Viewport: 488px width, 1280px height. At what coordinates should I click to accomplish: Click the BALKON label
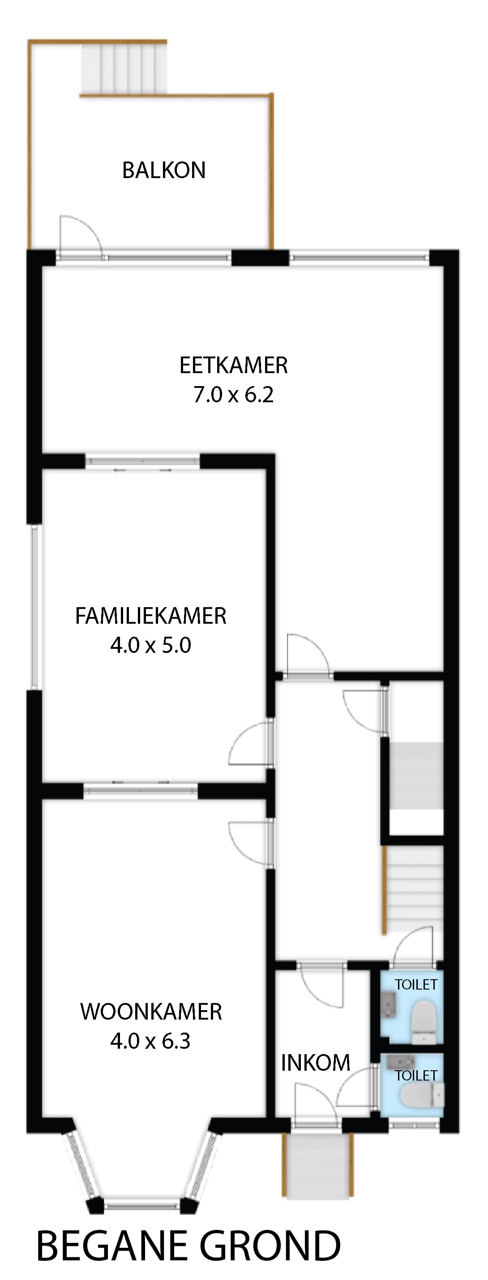(x=164, y=170)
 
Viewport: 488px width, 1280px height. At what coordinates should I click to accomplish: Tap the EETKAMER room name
(x=233, y=365)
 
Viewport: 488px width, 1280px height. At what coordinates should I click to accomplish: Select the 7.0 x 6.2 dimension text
(x=233, y=395)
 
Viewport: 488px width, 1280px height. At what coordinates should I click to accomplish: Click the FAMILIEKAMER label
(x=150, y=616)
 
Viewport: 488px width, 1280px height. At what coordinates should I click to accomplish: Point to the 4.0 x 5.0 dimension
(x=150, y=646)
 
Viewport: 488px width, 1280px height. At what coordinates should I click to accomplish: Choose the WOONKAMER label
(x=151, y=1012)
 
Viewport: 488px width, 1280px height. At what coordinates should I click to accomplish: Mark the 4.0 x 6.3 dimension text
(x=150, y=1041)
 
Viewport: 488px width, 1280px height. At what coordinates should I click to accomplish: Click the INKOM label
(x=316, y=1063)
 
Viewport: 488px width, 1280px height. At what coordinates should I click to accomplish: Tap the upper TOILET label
(x=416, y=985)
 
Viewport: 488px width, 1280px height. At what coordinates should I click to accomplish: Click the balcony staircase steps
(x=123, y=69)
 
